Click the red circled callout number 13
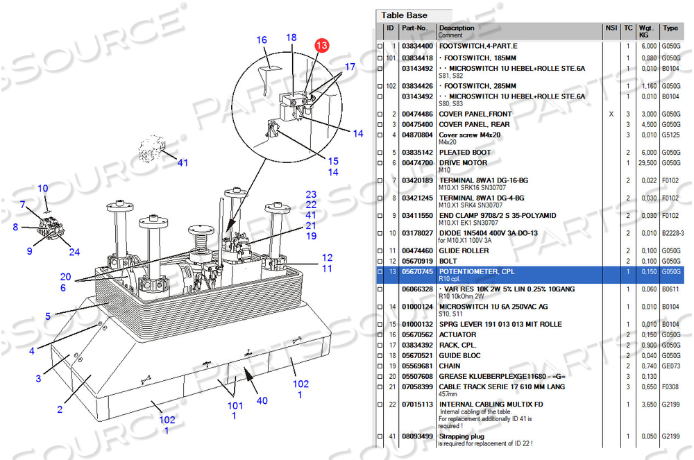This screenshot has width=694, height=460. [x=322, y=45]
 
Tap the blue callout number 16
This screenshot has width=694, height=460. [x=262, y=40]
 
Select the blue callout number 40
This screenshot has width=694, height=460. [x=262, y=400]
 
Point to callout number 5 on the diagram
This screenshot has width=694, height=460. [x=48, y=316]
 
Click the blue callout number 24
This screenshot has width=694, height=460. [x=74, y=252]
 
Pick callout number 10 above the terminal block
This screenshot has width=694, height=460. [x=43, y=189]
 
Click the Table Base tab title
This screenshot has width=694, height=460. [x=404, y=15]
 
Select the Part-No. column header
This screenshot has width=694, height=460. [x=414, y=28]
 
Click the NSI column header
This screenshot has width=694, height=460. [x=611, y=28]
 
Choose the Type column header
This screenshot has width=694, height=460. [x=670, y=28]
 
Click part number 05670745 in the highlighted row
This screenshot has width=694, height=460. [x=417, y=271]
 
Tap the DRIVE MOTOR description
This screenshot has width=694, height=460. [x=463, y=163]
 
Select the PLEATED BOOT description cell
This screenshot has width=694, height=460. [x=465, y=152]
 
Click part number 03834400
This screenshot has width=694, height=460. [x=417, y=46]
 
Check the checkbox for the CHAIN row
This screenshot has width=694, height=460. [x=380, y=366]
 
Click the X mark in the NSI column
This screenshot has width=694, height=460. [x=611, y=114]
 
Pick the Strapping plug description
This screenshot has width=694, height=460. [x=462, y=436]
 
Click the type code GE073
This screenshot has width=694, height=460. [x=671, y=366]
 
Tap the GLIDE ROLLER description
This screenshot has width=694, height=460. [x=464, y=250]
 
